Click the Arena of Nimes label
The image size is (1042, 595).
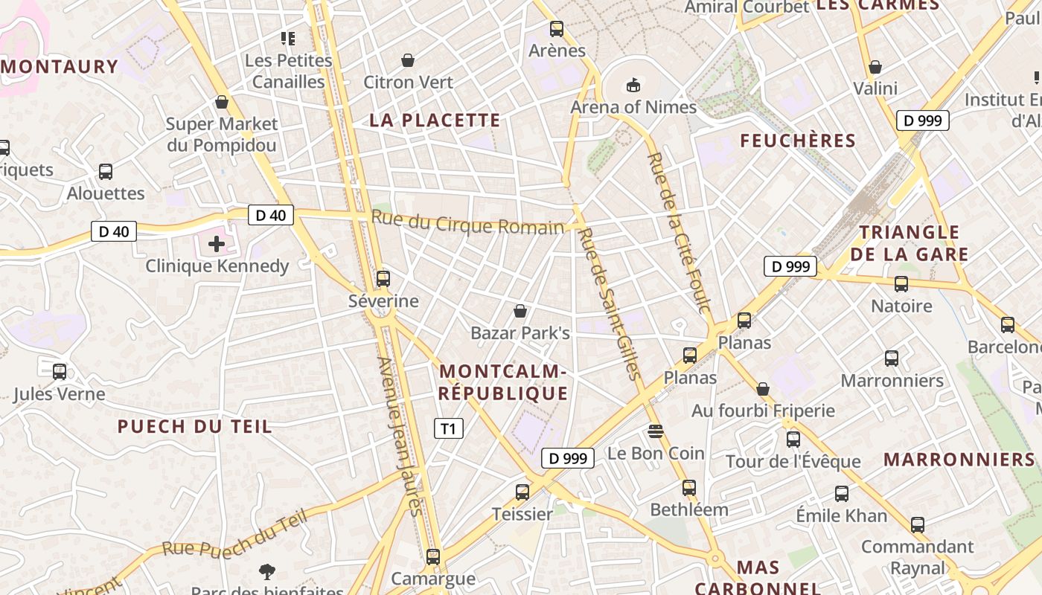point(633,107)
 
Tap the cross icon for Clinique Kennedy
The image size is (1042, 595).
point(217,244)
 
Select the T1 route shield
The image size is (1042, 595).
point(448,428)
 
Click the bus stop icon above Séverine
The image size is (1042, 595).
point(383,280)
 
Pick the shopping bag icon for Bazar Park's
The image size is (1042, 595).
point(520,311)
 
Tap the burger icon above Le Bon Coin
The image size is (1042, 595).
point(655,431)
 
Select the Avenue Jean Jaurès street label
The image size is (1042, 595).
point(400,436)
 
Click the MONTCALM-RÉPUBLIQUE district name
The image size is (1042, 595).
point(503,382)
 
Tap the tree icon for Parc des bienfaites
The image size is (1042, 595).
point(267,572)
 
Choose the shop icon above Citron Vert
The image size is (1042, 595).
point(408,60)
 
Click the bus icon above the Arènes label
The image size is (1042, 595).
point(557,30)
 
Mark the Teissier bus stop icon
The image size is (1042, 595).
point(522,492)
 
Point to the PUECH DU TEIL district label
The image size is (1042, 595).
point(195,427)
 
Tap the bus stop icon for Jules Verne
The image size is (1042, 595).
point(60,372)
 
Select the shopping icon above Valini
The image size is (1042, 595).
point(875,68)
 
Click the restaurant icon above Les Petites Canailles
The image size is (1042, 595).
point(288,38)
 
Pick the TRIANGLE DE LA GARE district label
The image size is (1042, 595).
point(909,244)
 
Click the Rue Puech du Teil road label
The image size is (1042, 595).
point(234,536)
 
